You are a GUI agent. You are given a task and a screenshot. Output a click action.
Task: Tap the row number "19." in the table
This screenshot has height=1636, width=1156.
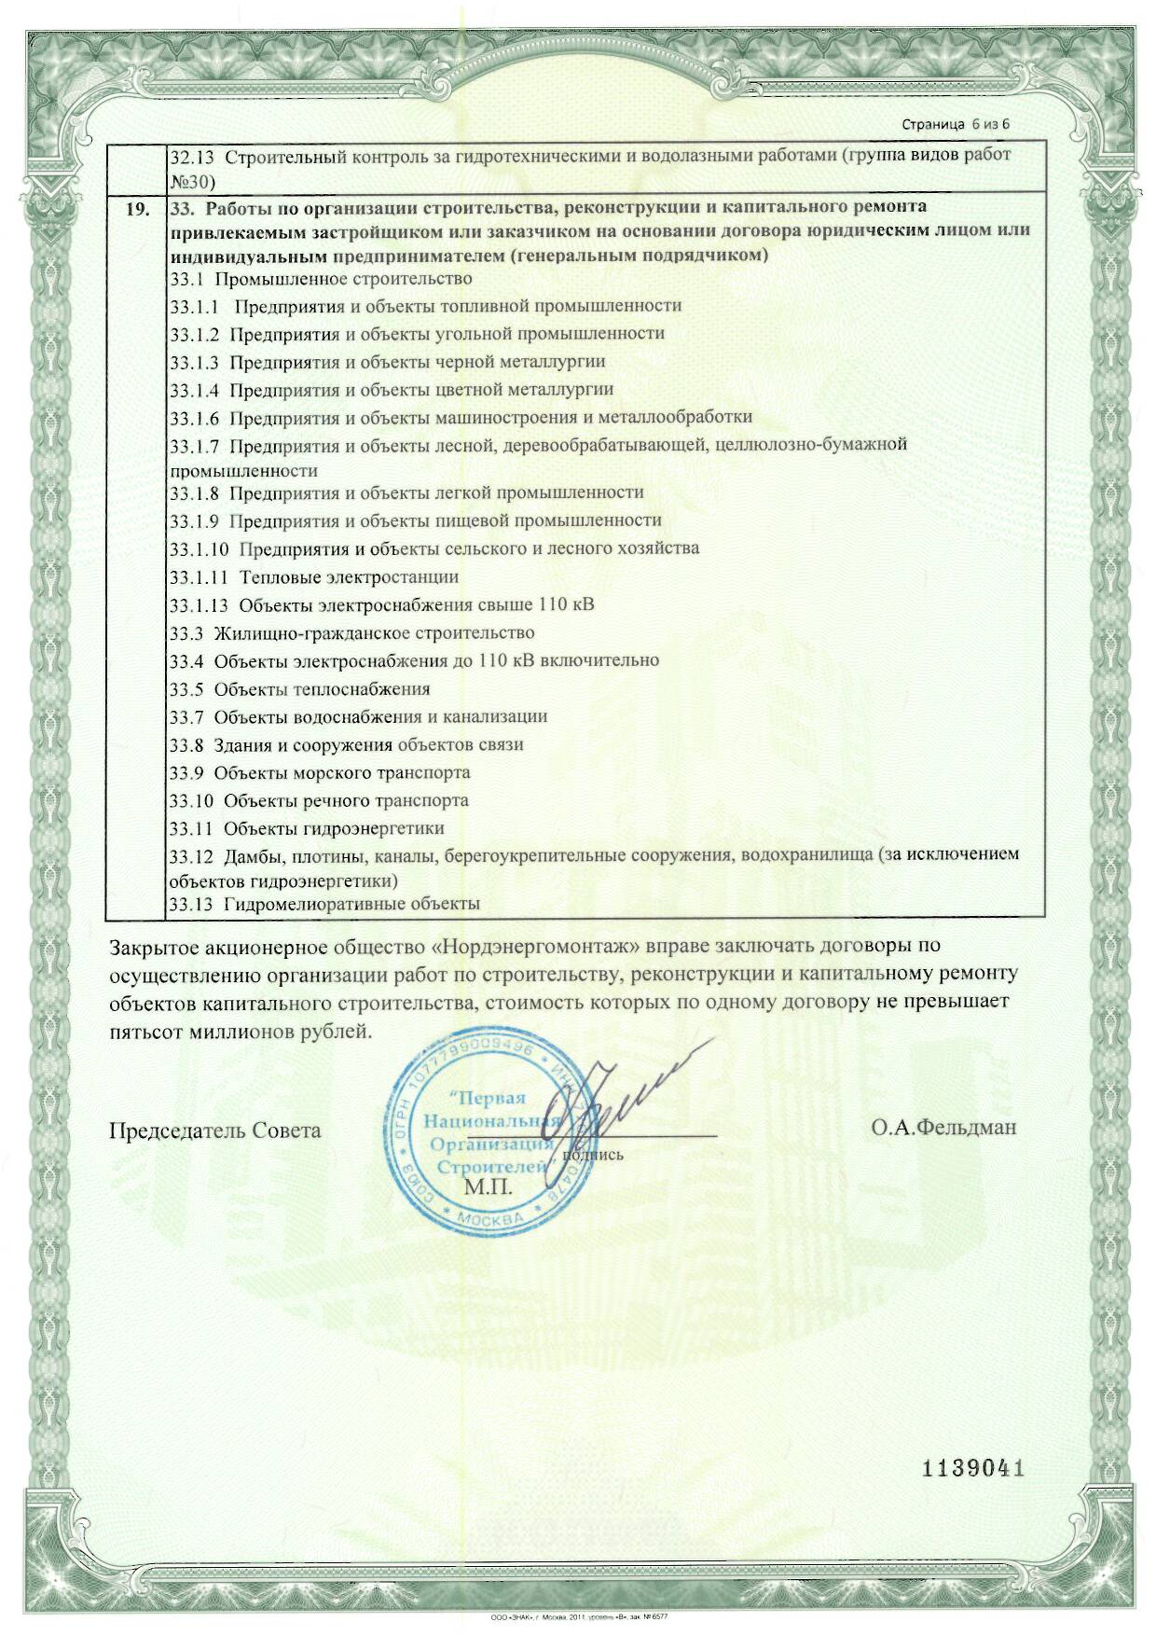pos(137,208)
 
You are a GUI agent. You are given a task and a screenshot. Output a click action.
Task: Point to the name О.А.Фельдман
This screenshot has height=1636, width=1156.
pos(943,1129)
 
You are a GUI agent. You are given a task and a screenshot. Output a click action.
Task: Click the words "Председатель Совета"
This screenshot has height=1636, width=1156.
pos(215,1130)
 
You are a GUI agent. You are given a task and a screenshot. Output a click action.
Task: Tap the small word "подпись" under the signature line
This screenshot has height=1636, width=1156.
pos(594,1154)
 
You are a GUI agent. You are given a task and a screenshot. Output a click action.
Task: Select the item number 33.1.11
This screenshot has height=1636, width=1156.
pos(199,577)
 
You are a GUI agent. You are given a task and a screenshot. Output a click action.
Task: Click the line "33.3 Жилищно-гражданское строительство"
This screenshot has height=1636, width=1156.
pos(351,633)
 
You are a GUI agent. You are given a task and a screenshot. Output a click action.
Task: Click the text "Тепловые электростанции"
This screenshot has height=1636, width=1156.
pos(349,577)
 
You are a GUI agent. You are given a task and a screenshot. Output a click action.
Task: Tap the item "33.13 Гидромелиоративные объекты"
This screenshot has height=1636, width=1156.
pos(324,903)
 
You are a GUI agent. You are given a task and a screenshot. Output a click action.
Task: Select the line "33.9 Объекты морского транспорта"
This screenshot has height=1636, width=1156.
pos(320,772)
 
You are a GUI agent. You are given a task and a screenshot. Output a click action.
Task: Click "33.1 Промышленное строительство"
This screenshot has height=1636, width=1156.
pos(321,278)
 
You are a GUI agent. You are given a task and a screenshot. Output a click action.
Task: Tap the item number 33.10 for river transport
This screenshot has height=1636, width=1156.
pos(192,800)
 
